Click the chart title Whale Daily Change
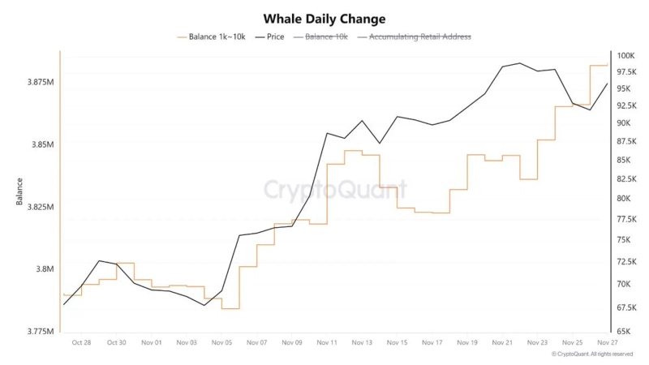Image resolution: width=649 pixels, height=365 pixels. coord(324,18)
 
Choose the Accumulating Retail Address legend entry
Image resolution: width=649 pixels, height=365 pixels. coord(419,36)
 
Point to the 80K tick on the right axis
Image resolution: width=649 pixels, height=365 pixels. coord(625,199)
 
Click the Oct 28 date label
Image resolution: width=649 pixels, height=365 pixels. coord(81,343)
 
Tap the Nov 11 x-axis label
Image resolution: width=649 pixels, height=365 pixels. coord(327,343)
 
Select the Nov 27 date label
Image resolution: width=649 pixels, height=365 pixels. coord(608,343)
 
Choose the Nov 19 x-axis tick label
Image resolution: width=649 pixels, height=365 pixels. coord(468,343)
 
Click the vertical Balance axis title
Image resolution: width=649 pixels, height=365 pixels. coord(19,191)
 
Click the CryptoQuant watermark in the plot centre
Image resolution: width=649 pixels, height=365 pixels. coord(335,191)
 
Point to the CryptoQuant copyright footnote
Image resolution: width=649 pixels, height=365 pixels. coord(591,354)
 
